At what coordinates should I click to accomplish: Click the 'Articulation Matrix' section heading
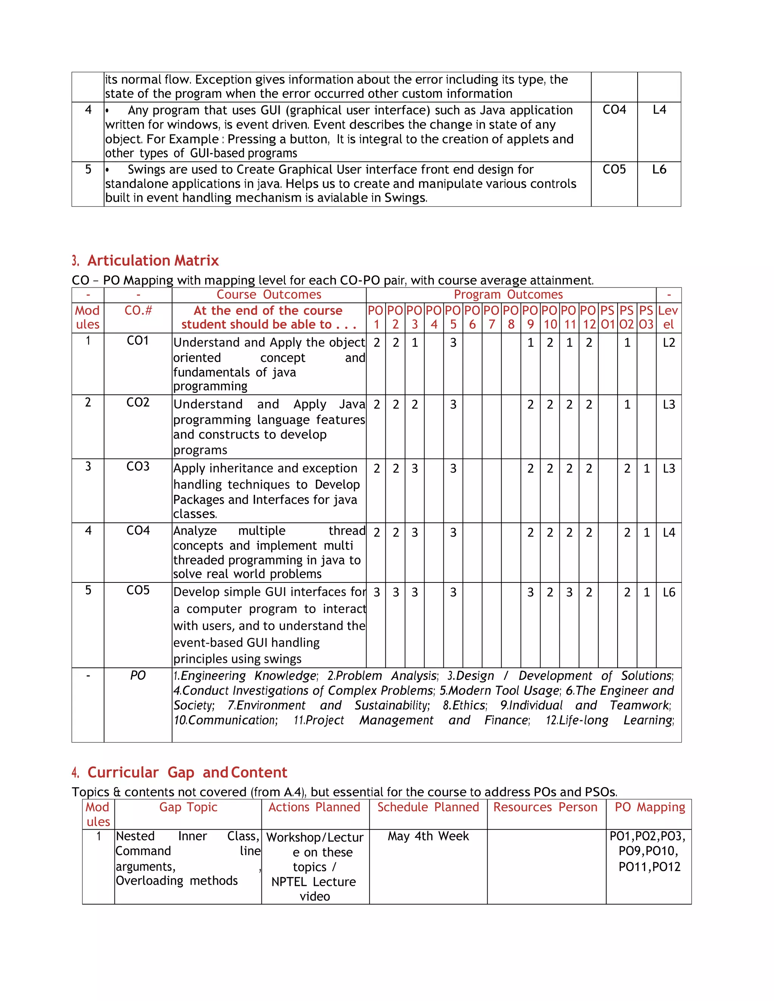click(153, 260)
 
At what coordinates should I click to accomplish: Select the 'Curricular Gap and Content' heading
click(187, 772)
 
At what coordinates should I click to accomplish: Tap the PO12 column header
click(588, 317)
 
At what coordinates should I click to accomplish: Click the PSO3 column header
click(646, 317)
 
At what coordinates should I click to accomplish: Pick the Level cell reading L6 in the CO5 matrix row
click(669, 592)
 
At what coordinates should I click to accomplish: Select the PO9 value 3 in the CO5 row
click(530, 592)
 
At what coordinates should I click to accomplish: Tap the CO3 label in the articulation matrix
click(138, 467)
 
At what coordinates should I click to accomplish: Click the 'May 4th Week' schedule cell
click(428, 836)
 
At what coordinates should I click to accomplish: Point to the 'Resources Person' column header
click(545, 807)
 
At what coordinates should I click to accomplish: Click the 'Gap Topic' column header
click(188, 807)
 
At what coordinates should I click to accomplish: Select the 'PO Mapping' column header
click(649, 807)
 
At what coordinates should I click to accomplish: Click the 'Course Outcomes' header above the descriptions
click(269, 295)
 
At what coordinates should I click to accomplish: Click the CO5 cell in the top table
click(614, 170)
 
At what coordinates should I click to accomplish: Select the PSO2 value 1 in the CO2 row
click(627, 405)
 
